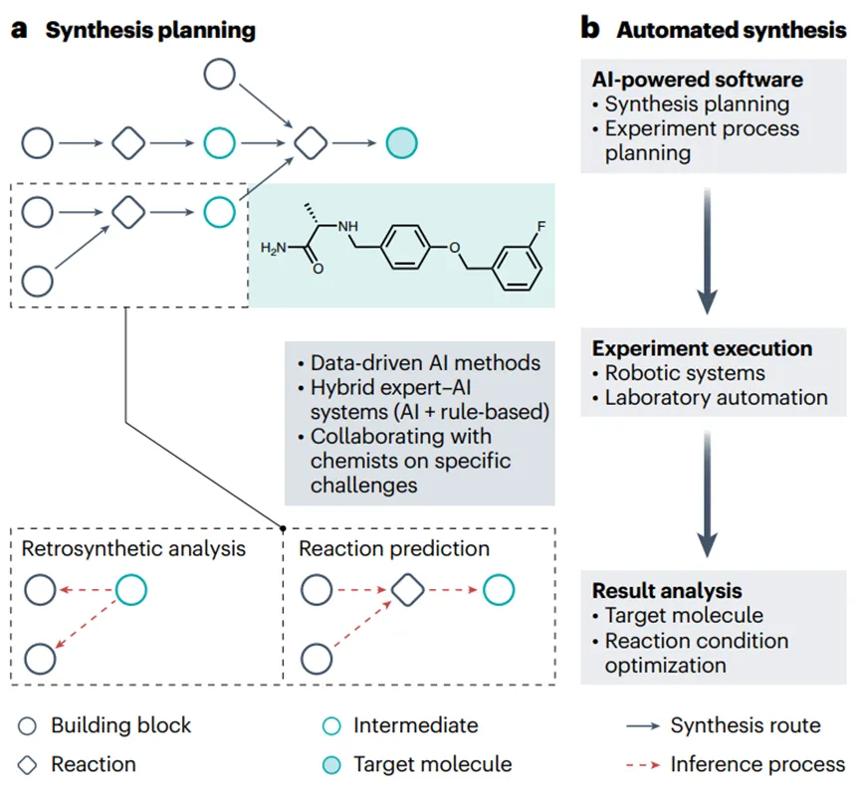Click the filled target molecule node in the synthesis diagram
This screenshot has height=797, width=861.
coord(401,143)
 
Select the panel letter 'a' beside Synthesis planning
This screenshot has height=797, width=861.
coord(20,29)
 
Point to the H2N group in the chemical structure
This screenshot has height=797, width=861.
coord(276,247)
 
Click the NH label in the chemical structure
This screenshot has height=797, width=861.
coord(349,228)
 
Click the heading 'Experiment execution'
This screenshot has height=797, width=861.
coord(702,348)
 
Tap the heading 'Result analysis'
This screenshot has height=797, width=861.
coord(667,590)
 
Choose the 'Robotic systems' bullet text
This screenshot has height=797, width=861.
coord(685,373)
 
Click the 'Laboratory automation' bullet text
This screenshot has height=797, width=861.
coord(716,398)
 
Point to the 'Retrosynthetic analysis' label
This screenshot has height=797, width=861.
coord(133,548)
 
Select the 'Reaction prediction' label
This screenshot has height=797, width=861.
coord(394,548)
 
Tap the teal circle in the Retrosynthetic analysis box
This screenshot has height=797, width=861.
coord(131,591)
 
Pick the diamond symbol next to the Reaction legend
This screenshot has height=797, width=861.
coord(27,764)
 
